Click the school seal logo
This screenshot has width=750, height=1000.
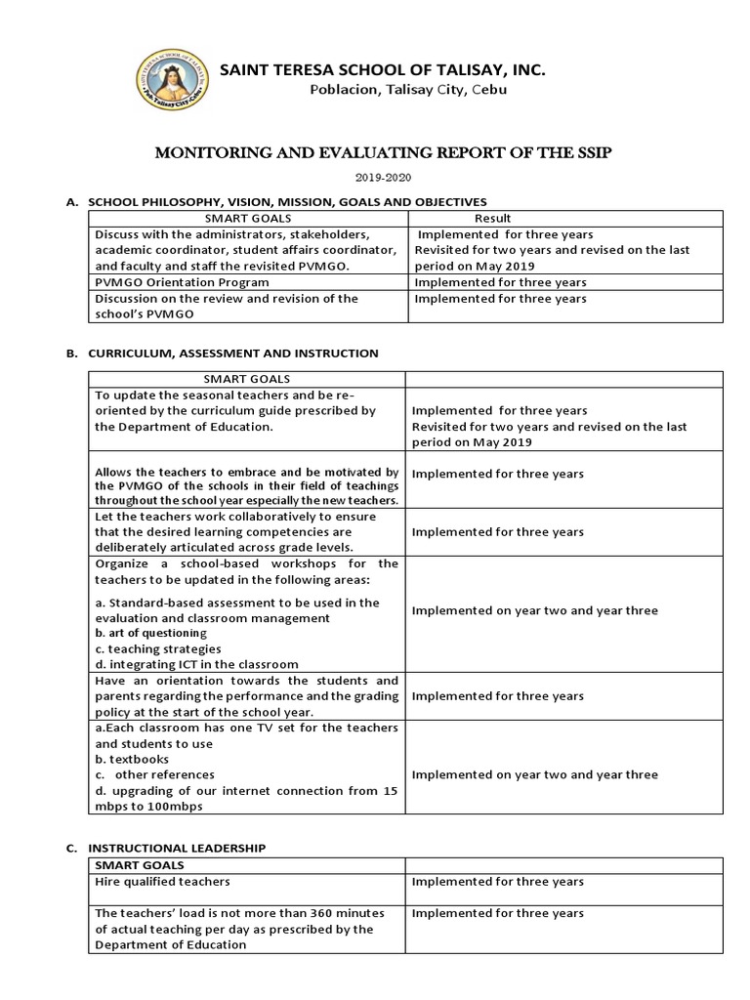(170, 77)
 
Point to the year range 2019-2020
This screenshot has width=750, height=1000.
(375, 178)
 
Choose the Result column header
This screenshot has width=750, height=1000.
(492, 218)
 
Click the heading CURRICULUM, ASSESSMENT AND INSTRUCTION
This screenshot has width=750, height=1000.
(233, 353)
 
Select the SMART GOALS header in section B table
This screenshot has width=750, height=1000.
(247, 378)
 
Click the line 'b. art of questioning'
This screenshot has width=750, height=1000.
(151, 633)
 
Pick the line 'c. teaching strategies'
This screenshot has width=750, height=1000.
(158, 648)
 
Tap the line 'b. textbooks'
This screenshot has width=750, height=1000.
(132, 759)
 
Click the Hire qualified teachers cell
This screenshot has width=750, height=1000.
(162, 881)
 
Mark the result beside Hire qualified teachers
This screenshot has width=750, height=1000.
(498, 881)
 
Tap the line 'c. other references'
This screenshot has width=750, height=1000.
(154, 774)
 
